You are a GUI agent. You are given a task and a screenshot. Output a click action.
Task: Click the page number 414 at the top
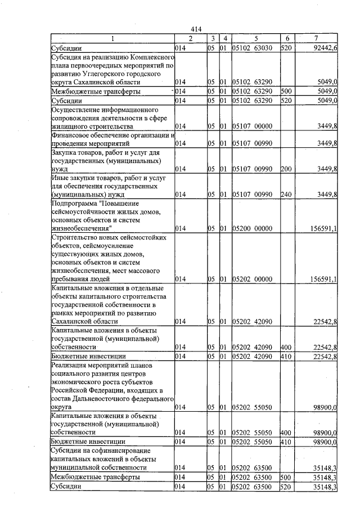tap(196, 30)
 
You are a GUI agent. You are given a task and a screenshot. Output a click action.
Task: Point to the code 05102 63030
tap(253, 48)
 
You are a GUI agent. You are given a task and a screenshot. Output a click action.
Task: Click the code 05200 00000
tap(253, 228)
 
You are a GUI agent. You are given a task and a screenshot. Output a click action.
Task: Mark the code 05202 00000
tap(253, 279)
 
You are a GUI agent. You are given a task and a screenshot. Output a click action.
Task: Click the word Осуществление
tap(76, 109)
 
